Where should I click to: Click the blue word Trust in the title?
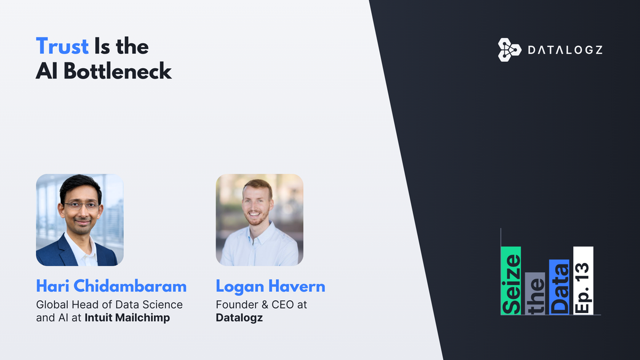coord(62,46)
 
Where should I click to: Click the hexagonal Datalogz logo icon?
coord(509,50)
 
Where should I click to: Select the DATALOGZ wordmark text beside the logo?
coord(565,50)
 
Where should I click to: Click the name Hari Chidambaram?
coord(111,286)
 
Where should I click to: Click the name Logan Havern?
coord(270,286)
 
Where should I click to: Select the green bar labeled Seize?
coord(511,281)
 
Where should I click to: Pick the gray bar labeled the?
coord(535,293)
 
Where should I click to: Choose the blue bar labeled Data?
coord(559,287)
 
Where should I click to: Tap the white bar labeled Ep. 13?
coord(583,281)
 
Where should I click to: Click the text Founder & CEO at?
coord(261,305)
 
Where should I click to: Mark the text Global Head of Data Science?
coord(109,305)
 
